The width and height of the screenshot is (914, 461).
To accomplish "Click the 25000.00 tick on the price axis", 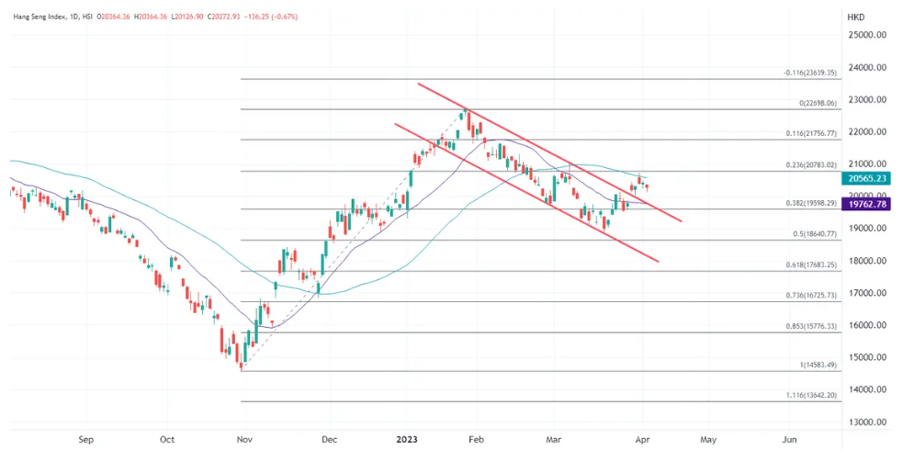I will pyautogui.click(x=867, y=35).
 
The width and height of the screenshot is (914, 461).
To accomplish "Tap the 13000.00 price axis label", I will pyautogui.click(x=867, y=422).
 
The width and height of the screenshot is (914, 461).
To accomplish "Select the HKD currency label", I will pyautogui.click(x=854, y=17).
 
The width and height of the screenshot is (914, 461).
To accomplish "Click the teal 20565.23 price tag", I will pyautogui.click(x=867, y=179).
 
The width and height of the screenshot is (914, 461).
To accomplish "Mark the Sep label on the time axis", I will pyautogui.click(x=85, y=439).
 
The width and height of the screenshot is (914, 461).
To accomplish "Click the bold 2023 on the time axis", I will pyautogui.click(x=405, y=439).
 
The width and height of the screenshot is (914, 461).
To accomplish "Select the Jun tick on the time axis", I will pyautogui.click(x=789, y=439).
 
